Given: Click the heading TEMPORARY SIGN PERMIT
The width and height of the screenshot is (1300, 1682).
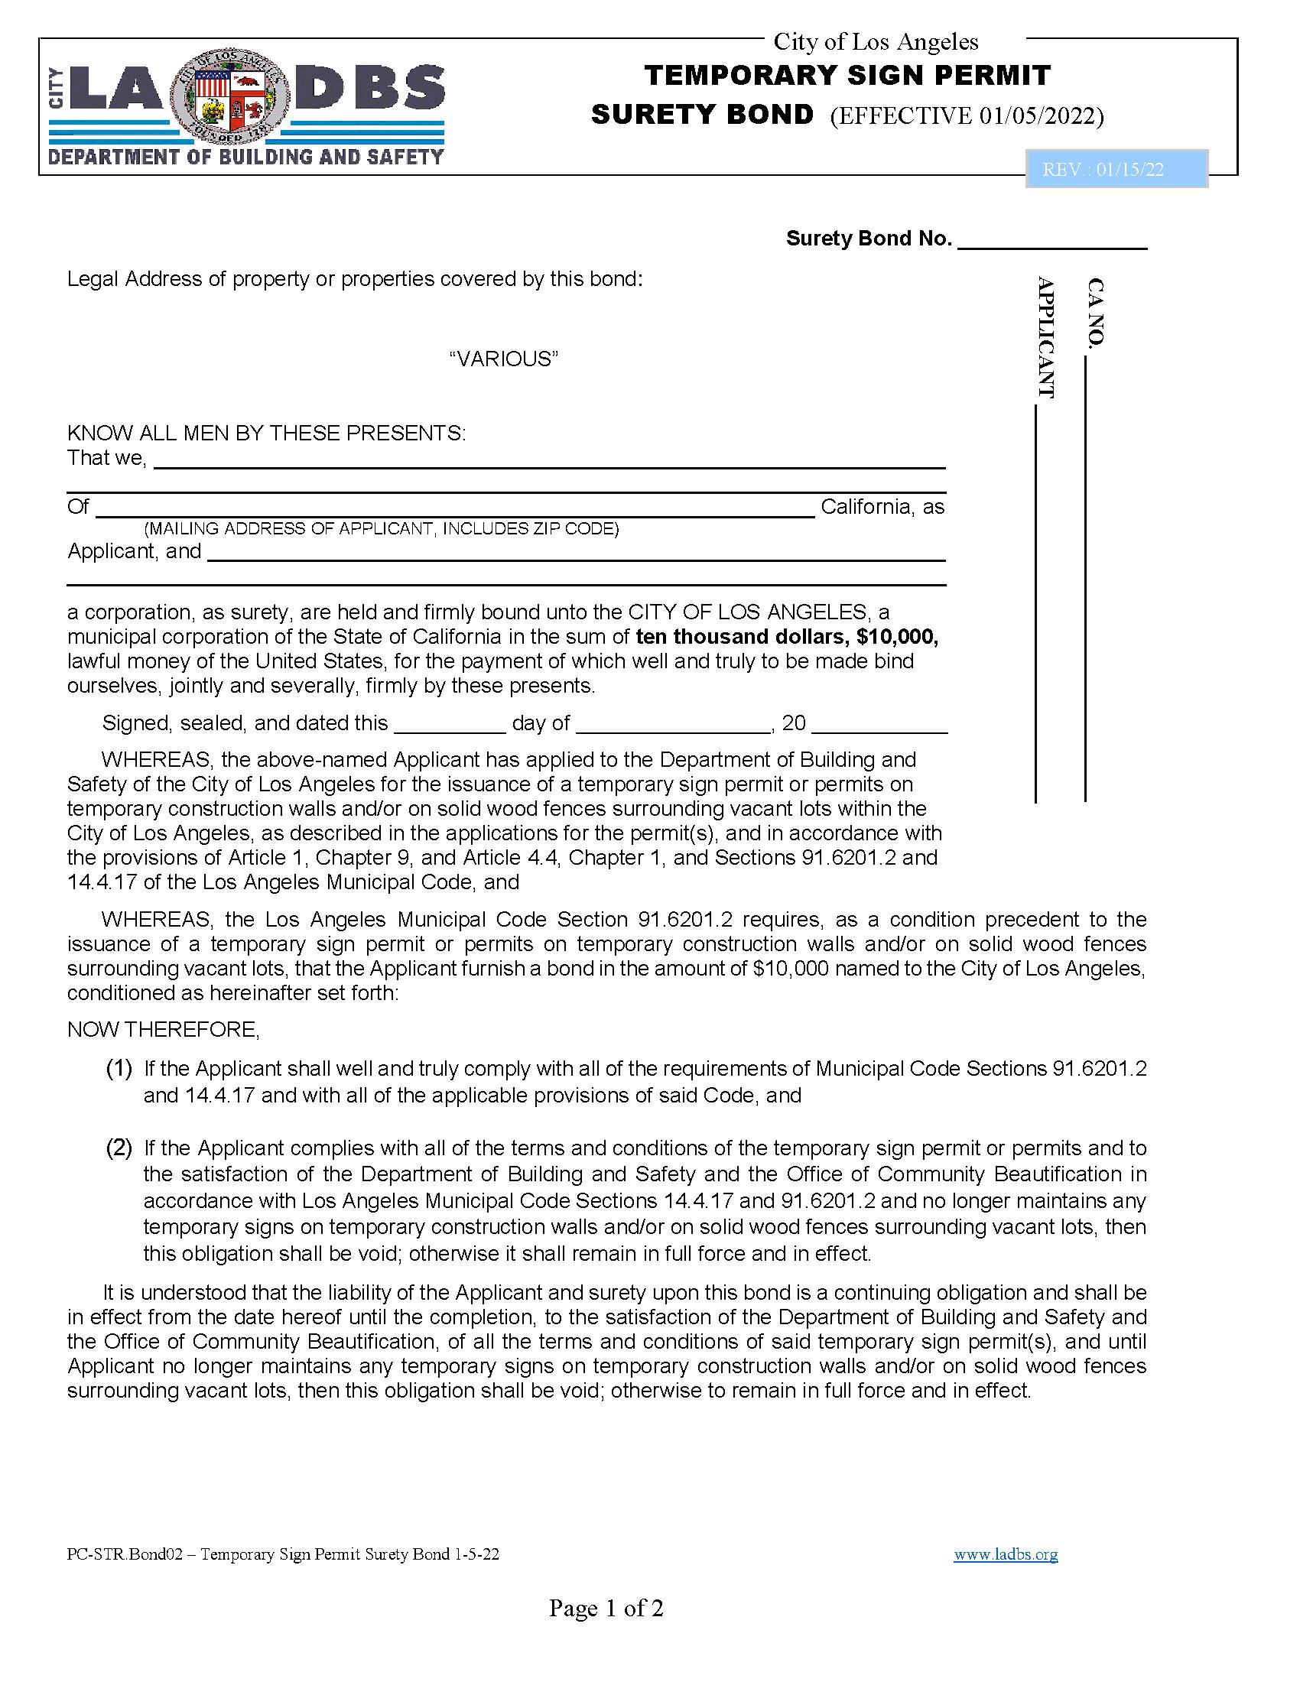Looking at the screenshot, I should [847, 76].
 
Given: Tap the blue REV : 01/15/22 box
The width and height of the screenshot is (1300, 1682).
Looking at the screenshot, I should [1116, 170].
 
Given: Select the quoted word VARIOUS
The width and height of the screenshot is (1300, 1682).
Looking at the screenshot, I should [504, 359].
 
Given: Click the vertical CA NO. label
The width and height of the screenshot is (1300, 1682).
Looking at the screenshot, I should [1095, 312].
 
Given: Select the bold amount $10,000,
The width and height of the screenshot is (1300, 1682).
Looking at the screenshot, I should [891, 637].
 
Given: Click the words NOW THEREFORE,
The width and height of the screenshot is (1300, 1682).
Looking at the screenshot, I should [164, 1030].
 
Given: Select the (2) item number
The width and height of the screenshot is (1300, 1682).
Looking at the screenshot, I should [119, 1148].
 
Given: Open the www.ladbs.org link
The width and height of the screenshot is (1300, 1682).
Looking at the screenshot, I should [1005, 1554].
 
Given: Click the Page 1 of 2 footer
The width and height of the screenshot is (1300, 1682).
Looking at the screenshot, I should [606, 1608].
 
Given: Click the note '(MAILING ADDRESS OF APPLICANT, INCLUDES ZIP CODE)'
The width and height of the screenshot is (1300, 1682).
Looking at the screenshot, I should [382, 529].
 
